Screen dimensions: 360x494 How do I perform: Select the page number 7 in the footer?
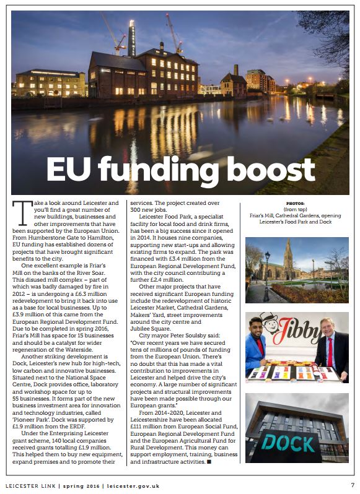pyautogui.click(x=353, y=485)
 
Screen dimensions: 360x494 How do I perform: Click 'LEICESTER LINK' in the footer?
pyautogui.click(x=31, y=486)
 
